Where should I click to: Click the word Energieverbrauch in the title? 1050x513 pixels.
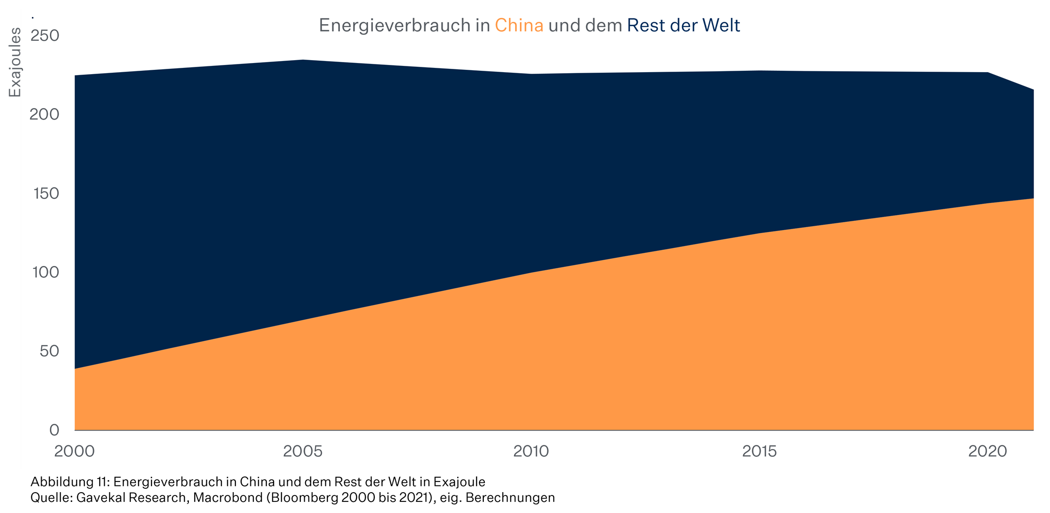(394, 26)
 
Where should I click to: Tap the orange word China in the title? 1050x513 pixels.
(519, 26)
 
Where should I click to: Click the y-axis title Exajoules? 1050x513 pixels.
(15, 62)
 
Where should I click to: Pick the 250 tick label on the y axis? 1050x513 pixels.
(45, 35)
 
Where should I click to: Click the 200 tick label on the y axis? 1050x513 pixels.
(45, 114)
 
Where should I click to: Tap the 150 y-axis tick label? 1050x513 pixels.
(46, 193)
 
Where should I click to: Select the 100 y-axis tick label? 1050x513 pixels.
(46, 272)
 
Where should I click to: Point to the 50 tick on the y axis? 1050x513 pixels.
(49, 351)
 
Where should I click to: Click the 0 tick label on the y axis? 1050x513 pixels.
(54, 430)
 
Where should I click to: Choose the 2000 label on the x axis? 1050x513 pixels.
(75, 451)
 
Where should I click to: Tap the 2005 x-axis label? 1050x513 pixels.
(303, 451)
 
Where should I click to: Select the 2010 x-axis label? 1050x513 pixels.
(531, 451)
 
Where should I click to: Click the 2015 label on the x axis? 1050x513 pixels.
(759, 451)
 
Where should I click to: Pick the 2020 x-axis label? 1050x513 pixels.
(988, 451)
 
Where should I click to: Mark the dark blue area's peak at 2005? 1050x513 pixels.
(303, 60)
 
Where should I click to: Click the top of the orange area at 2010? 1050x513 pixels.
(531, 273)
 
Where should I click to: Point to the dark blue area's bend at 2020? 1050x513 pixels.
(988, 73)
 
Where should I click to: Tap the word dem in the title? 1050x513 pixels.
(604, 26)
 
